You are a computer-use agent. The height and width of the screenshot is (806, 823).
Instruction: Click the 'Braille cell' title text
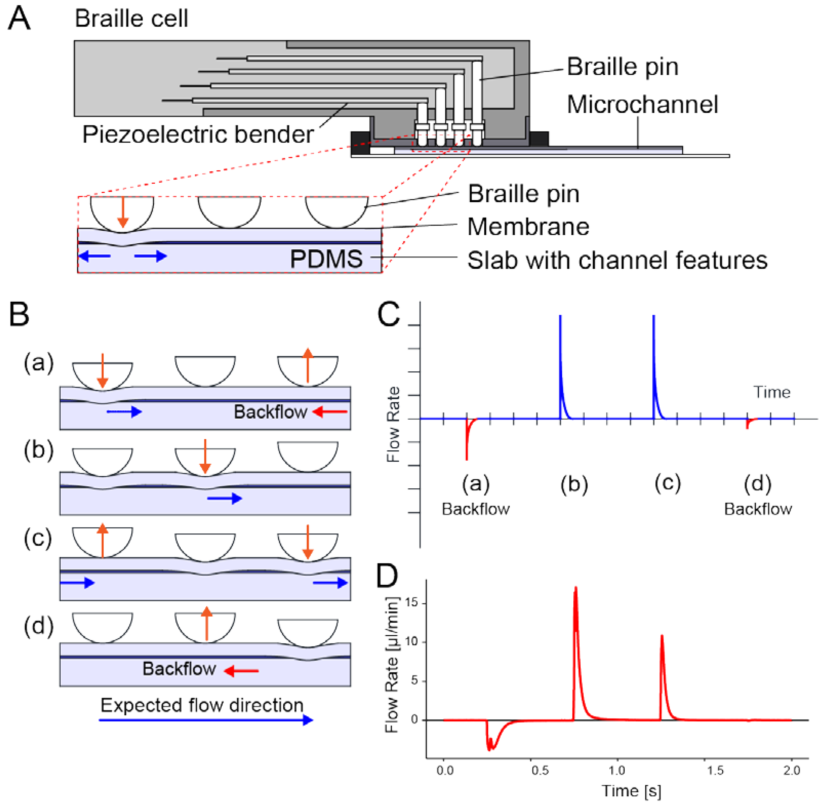tap(131, 19)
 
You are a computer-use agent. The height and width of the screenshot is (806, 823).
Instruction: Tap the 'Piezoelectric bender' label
tap(198, 135)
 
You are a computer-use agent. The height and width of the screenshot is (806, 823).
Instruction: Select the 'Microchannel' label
tap(642, 105)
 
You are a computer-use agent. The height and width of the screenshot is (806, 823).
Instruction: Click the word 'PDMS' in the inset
tap(326, 259)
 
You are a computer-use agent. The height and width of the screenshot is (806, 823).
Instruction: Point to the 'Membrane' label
tap(528, 227)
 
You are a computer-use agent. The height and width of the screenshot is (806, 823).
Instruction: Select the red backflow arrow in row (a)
tap(330, 411)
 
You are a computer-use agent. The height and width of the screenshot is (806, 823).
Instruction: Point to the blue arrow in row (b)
tap(224, 499)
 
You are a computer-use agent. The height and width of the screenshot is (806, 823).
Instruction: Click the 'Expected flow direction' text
tap(202, 705)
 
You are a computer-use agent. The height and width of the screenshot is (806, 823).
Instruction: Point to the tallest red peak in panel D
tap(576, 588)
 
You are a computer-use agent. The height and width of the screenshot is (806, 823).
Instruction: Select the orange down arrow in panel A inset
tap(123, 212)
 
